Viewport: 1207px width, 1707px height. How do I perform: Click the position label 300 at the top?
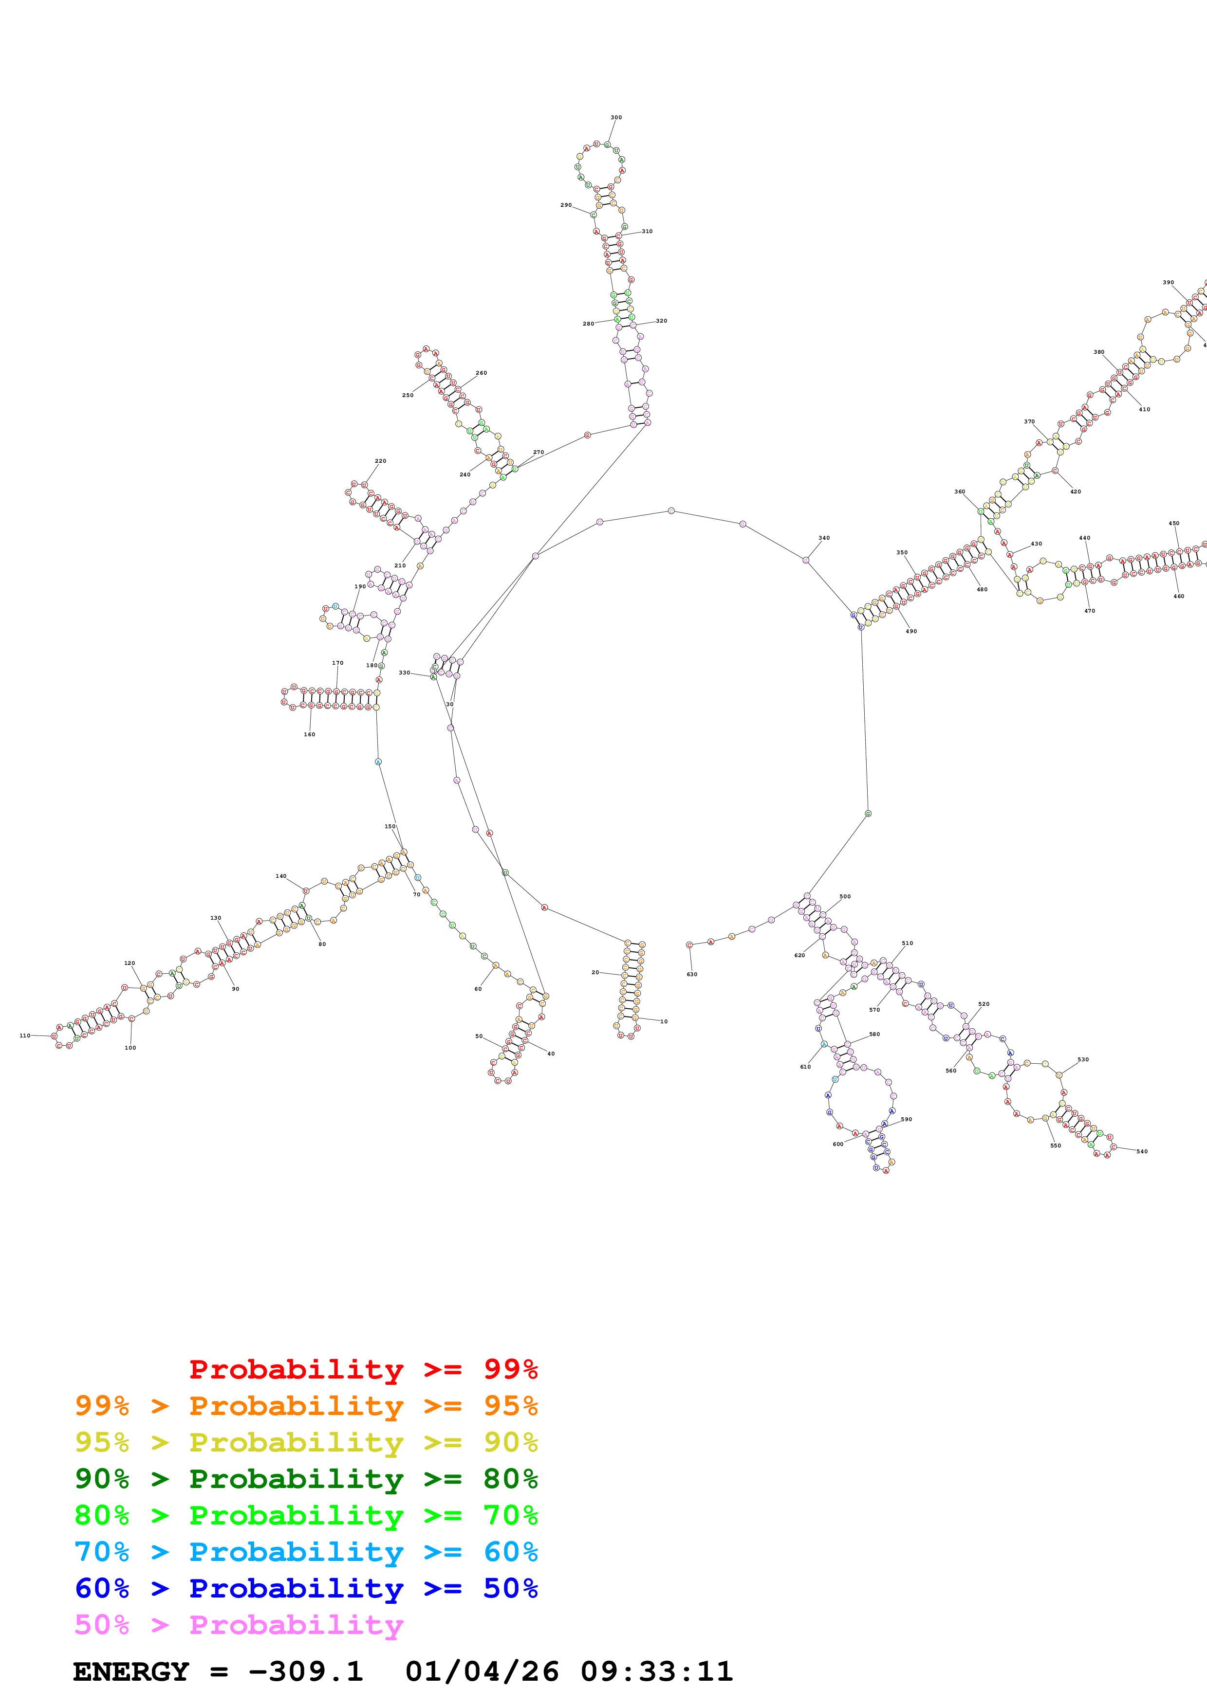point(616,117)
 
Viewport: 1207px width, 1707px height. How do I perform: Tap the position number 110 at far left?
point(24,1035)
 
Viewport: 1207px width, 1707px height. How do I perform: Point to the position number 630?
point(691,974)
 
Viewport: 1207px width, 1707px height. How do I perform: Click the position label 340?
point(824,538)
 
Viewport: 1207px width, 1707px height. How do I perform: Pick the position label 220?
point(380,461)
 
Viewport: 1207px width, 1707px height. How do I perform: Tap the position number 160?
point(309,735)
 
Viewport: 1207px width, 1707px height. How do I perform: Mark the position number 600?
point(837,1144)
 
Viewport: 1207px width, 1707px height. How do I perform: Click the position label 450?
point(1173,524)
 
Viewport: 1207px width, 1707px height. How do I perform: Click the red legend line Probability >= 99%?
point(363,1369)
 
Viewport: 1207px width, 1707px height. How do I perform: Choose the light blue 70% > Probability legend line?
point(306,1552)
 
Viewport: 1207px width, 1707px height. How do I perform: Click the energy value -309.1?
point(306,1671)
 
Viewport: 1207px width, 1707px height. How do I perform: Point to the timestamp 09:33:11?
point(657,1671)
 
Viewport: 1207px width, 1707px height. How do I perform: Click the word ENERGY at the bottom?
point(131,1671)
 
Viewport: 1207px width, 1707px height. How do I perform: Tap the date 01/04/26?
point(482,1671)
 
